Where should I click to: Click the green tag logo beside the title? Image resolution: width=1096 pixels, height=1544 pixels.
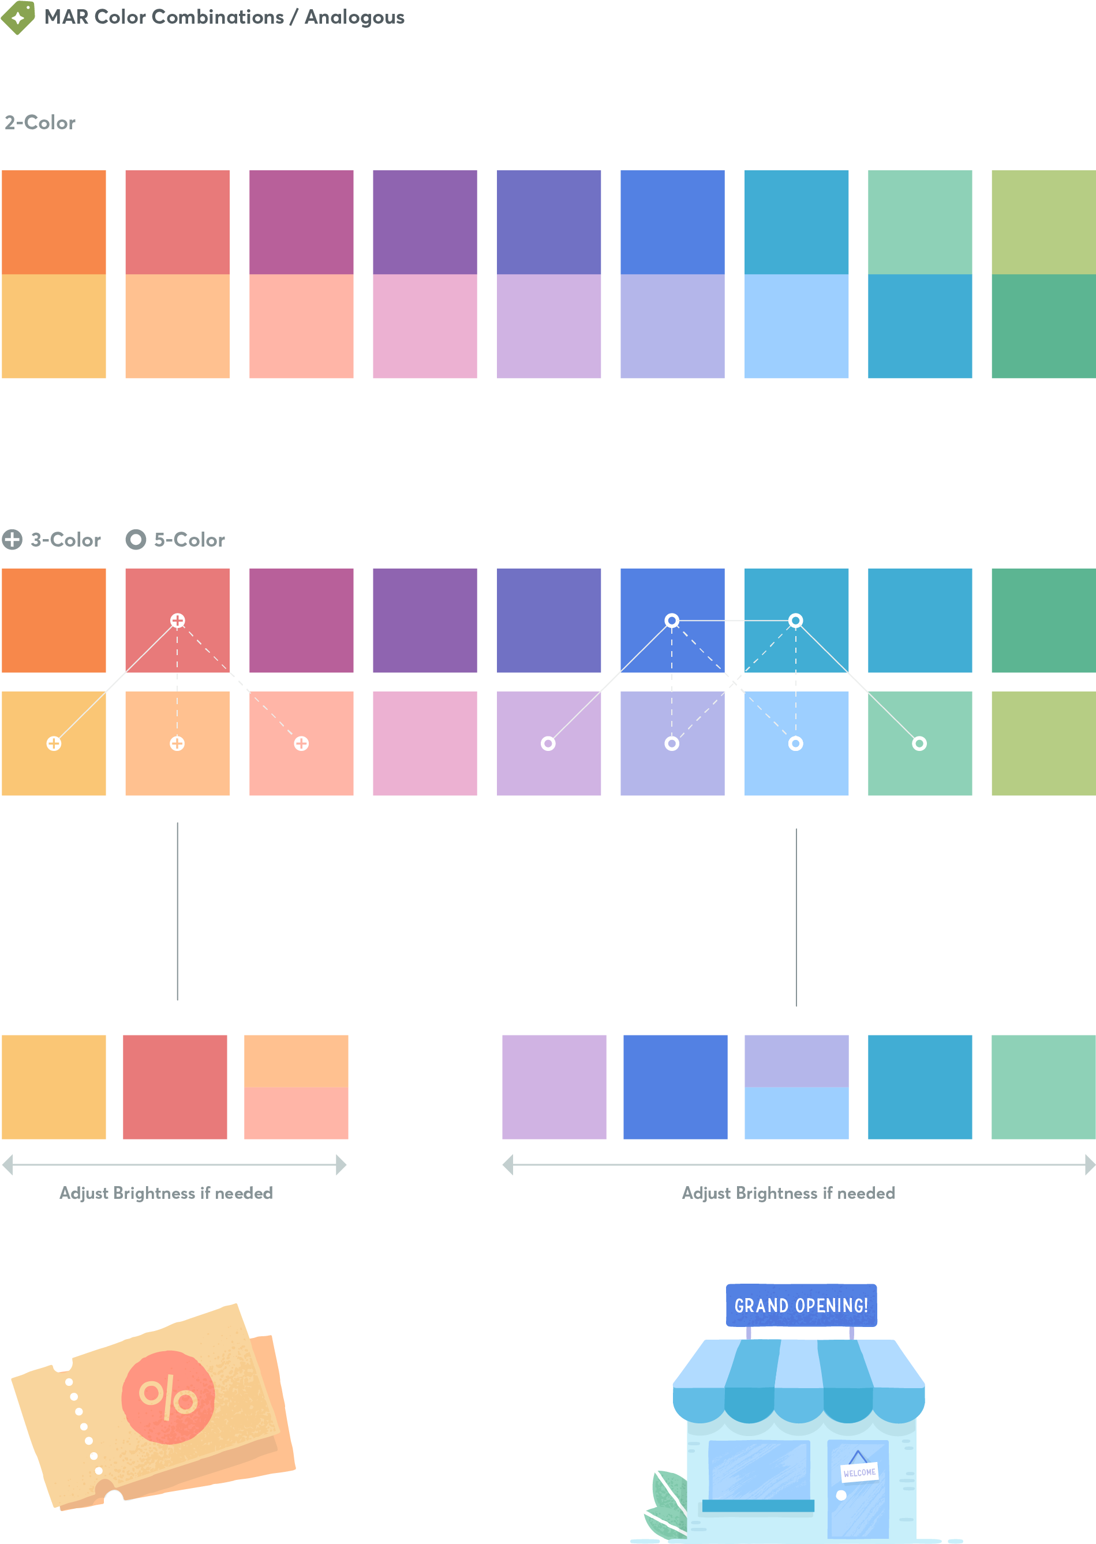pos(18,17)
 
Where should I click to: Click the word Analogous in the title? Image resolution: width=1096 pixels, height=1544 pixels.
pos(354,17)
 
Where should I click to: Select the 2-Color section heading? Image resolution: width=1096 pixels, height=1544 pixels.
pos(40,122)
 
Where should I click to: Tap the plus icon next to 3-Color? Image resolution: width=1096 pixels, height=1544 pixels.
pos(12,539)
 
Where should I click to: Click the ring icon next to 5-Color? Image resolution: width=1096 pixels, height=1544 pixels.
pos(136,539)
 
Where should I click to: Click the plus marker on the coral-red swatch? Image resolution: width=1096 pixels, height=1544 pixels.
pos(178,620)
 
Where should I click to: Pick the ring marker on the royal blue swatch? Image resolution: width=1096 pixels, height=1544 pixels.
pos(671,620)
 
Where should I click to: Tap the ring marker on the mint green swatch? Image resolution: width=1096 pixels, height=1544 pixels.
pos(919,743)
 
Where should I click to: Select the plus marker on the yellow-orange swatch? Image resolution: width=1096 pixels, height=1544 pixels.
pos(54,743)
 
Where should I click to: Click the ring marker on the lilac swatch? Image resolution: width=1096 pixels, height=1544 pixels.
pos(548,743)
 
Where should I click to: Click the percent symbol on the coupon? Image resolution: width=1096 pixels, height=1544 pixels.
pos(168,1397)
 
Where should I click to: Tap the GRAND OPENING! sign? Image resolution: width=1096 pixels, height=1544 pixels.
pos(801,1305)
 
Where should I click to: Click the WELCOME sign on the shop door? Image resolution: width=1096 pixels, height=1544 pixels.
pos(859,1472)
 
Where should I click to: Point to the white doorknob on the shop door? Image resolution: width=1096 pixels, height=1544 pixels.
pos(841,1495)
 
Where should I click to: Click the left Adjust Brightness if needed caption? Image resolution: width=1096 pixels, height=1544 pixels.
pos(166,1193)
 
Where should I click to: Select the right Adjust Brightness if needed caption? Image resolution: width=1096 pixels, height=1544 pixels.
pos(788,1193)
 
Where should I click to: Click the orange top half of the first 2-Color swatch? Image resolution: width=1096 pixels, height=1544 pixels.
pos(54,222)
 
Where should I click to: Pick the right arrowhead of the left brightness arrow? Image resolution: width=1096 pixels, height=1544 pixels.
pos(341,1164)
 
